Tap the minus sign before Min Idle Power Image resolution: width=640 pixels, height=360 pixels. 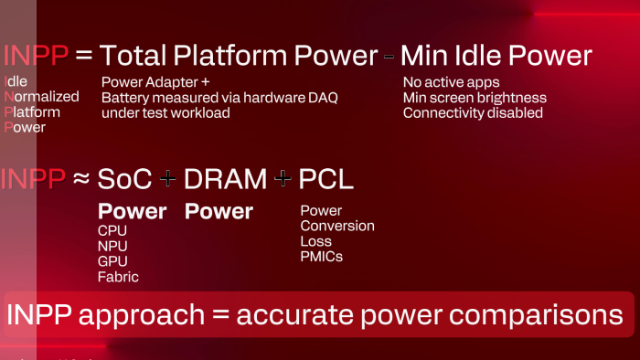pos(389,57)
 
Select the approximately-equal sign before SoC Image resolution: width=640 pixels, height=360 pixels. pos(81,179)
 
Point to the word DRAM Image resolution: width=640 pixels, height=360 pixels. pos(226,179)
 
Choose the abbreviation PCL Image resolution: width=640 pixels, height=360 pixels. pos(326,179)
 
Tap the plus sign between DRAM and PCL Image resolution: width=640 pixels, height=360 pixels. pos(283,180)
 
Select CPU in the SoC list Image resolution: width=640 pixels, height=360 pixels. pos(112,231)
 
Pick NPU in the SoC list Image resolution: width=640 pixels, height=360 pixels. pos(112,246)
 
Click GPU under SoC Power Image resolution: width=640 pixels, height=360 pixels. pos(112,261)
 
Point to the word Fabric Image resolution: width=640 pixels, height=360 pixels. pos(118,276)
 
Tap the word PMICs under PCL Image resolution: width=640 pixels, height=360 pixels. pos(321,257)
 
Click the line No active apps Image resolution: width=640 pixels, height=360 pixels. pos(452,82)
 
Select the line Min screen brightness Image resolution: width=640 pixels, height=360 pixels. pos(475,98)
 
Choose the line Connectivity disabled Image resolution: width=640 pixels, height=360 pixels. pos(473,113)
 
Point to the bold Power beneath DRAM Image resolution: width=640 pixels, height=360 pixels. pos(219,211)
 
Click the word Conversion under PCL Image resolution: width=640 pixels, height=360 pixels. pos(337,226)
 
